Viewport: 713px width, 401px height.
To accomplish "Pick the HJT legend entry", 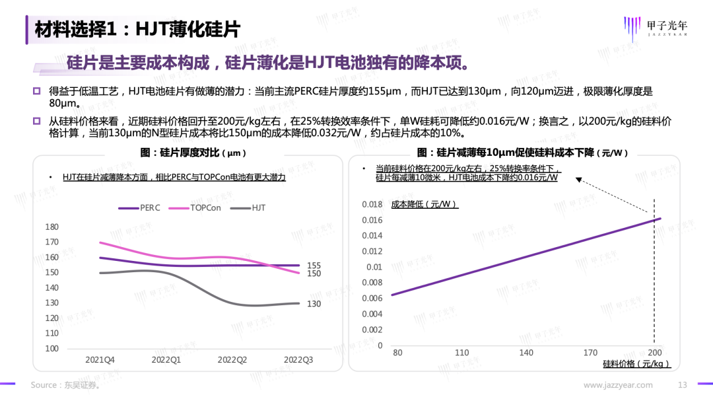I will pos(258,207).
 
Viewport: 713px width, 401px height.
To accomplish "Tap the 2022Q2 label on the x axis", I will pos(232,359).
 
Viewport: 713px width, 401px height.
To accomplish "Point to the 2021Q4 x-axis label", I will pos(100,359).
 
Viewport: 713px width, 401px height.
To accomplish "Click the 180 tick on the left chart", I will pos(51,227).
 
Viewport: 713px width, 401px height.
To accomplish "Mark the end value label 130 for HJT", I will pos(314,304).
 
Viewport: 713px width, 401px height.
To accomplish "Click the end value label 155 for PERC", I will pos(314,266).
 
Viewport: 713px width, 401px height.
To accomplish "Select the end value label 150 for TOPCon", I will pos(314,274).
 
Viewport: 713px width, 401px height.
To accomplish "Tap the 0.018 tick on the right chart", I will pos(372,204).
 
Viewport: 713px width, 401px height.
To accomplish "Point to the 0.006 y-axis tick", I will pos(372,299).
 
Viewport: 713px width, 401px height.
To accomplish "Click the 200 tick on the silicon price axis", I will pos(655,353).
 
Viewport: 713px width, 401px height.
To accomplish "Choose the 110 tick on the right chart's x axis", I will pos(461,353).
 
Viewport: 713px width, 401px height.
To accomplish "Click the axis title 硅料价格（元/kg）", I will pos(637,364).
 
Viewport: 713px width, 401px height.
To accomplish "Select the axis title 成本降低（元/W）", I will pos(424,204).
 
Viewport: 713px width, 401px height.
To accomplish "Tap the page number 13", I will pos(683,385).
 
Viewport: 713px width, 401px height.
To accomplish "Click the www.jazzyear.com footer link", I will pos(618,385).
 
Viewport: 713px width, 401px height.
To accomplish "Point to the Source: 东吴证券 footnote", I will pos(65,385).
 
